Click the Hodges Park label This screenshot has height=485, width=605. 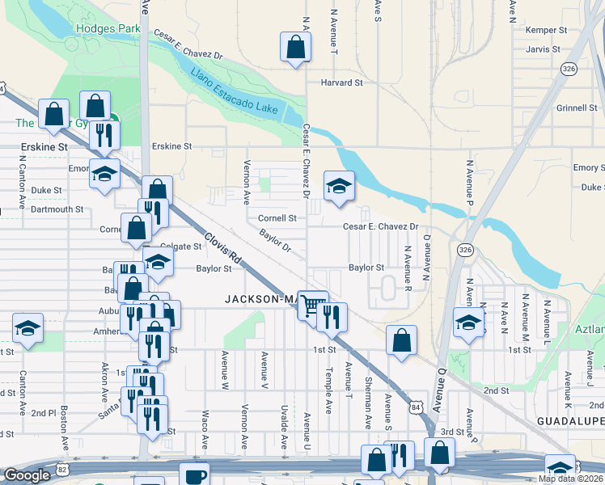point(108,29)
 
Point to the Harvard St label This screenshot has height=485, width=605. point(341,82)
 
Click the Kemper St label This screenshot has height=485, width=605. point(545,30)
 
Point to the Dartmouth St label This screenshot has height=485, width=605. point(57,209)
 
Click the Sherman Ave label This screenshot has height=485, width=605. point(368,403)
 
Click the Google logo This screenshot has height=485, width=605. point(27,475)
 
